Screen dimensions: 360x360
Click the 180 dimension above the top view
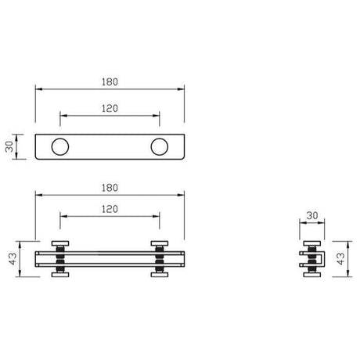[x=110, y=81]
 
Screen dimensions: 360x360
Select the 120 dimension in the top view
[x=110, y=108]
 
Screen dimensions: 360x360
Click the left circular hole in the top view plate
[x=60, y=146]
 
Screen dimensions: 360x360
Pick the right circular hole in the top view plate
[x=160, y=146]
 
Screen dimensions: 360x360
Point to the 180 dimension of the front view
[x=110, y=188]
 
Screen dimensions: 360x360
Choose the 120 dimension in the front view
[x=110, y=210]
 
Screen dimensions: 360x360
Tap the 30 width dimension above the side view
[x=311, y=214]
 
